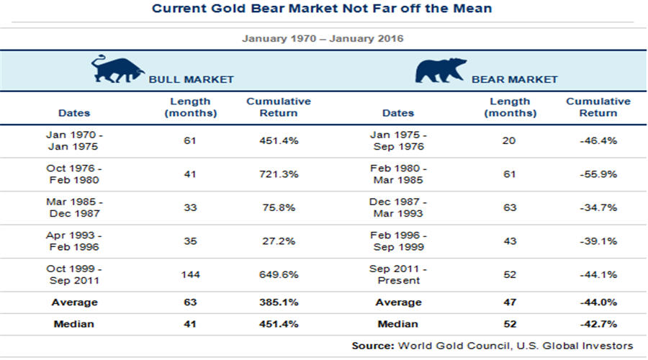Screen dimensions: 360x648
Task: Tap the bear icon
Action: click(x=441, y=71)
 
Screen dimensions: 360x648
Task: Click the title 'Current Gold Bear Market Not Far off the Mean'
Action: click(x=323, y=9)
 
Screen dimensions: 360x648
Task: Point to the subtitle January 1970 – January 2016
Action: click(x=323, y=37)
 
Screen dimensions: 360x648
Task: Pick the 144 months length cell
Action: click(x=189, y=274)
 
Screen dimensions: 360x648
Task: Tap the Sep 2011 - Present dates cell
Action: click(x=398, y=274)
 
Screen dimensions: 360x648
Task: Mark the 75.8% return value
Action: click(x=278, y=207)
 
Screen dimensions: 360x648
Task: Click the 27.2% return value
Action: click(x=278, y=241)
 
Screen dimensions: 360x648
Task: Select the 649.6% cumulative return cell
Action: click(x=278, y=274)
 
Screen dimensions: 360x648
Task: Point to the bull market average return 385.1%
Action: click(x=278, y=302)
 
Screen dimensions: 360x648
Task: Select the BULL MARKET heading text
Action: click(x=191, y=79)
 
